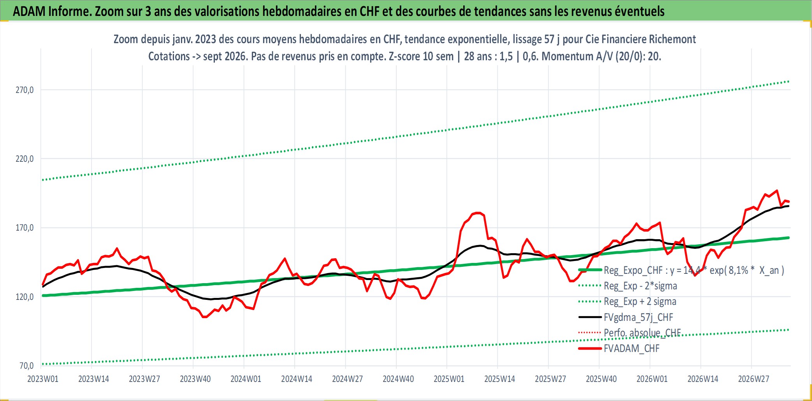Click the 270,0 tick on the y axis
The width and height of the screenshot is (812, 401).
point(25,90)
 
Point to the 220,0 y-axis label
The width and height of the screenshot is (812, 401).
point(25,159)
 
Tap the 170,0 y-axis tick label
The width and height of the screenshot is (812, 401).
point(25,228)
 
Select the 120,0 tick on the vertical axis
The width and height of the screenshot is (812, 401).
point(25,297)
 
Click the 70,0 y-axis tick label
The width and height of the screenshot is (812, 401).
point(26,366)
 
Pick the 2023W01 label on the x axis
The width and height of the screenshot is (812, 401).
point(43,379)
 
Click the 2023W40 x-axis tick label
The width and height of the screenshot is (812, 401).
point(195,379)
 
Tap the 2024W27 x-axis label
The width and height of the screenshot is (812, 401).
point(347,379)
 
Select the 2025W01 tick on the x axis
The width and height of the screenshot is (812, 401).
point(449,379)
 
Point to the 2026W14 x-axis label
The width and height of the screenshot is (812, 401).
point(703,379)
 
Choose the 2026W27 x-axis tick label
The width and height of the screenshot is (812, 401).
point(754,379)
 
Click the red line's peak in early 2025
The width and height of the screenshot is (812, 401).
point(479,213)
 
